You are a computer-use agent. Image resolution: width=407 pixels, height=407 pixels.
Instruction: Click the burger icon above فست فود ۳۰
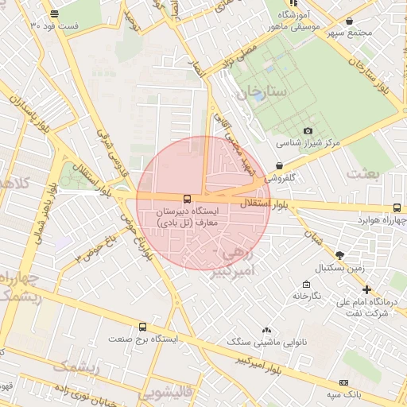tap(54, 14)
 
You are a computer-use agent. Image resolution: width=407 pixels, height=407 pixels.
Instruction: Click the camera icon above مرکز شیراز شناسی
tap(308, 131)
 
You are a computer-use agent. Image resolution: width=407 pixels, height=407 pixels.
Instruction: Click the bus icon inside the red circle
tap(188, 199)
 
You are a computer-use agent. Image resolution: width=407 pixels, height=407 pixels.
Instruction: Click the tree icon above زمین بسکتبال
tap(340, 254)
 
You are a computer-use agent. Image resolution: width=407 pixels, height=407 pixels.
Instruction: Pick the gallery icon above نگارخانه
tap(306, 284)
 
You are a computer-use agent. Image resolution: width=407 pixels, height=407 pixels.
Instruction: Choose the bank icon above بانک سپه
tap(344, 381)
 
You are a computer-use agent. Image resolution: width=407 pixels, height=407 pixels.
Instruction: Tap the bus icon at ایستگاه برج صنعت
tap(142, 326)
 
